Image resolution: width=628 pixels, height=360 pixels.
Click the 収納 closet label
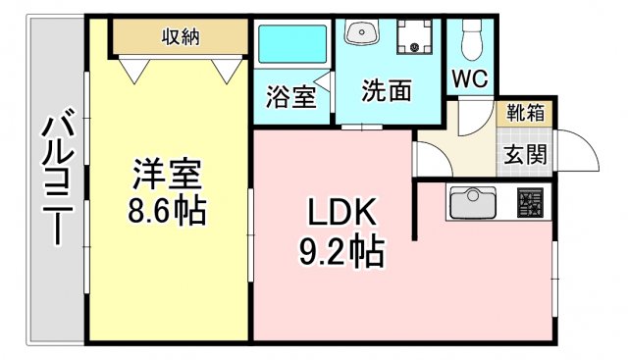point(182,37)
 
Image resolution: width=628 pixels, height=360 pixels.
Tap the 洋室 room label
point(168,177)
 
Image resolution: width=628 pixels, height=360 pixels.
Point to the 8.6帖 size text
point(168,210)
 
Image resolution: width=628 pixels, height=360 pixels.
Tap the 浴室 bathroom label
point(290,97)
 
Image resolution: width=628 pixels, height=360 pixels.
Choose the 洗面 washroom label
point(386,91)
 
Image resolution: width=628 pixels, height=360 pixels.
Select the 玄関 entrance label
point(528,154)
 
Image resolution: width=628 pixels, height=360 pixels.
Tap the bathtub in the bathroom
point(290,45)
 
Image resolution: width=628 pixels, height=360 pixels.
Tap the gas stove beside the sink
point(530,204)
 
